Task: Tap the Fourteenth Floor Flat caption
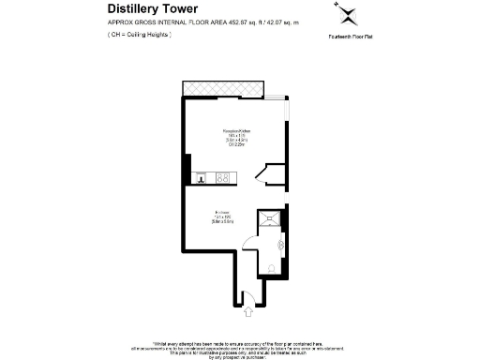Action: coord(348,36)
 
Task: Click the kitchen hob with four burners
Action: coord(223,177)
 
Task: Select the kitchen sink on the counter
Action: coord(199,177)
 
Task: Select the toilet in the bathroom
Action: coord(272,267)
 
